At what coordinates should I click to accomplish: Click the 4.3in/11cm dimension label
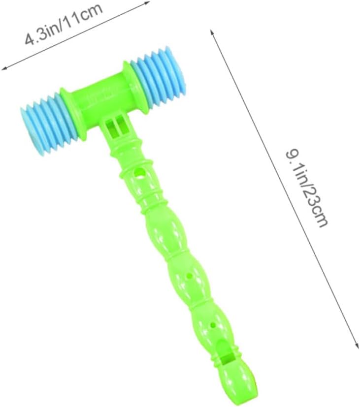(64, 25)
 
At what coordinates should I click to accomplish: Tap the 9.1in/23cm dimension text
(307, 188)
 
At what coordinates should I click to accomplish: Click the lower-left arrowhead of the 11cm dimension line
(4, 69)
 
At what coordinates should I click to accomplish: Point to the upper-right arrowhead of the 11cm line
(147, 2)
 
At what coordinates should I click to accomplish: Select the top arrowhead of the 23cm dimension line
(212, 32)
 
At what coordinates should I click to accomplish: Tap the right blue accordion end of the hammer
(158, 75)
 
